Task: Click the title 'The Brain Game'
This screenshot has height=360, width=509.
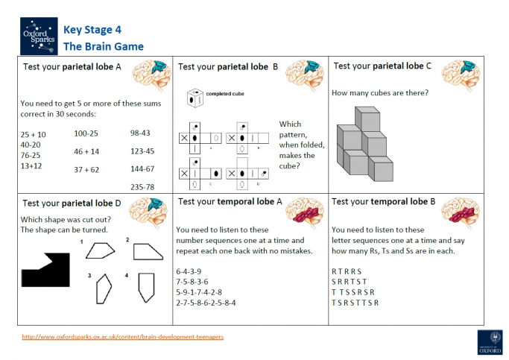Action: pyautogui.click(x=104, y=46)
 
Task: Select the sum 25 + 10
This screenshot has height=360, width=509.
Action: pyautogui.click(x=34, y=134)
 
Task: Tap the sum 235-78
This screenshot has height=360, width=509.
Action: pyautogui.click(x=142, y=186)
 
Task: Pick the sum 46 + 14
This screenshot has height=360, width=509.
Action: pyautogui.click(x=86, y=151)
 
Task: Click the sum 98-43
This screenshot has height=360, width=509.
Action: pyautogui.click(x=140, y=133)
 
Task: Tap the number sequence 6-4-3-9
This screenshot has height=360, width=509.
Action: pyautogui.click(x=188, y=271)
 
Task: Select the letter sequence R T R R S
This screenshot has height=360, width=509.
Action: pyautogui.click(x=346, y=271)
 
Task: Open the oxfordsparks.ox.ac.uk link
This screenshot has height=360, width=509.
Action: pyautogui.click(x=123, y=336)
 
